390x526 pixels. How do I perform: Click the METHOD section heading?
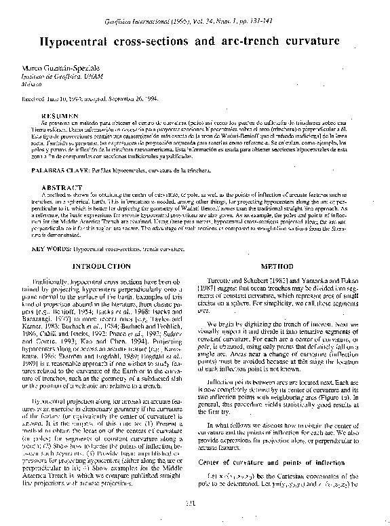click(277, 248)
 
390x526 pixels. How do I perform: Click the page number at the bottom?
click(193, 503)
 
